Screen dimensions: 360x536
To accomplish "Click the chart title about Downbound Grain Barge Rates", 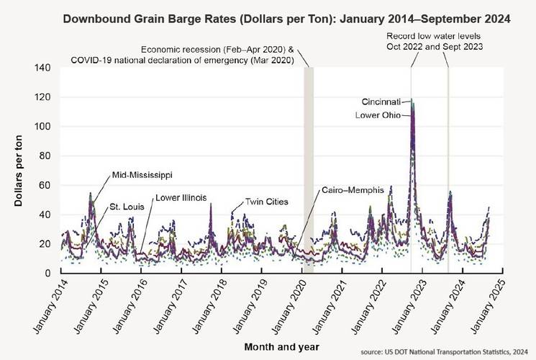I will click(x=286, y=17).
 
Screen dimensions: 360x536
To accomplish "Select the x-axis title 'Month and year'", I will click(x=268, y=346).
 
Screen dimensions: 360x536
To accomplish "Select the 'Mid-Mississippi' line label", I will click(x=142, y=175).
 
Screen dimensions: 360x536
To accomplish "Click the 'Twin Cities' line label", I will click(x=266, y=202).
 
